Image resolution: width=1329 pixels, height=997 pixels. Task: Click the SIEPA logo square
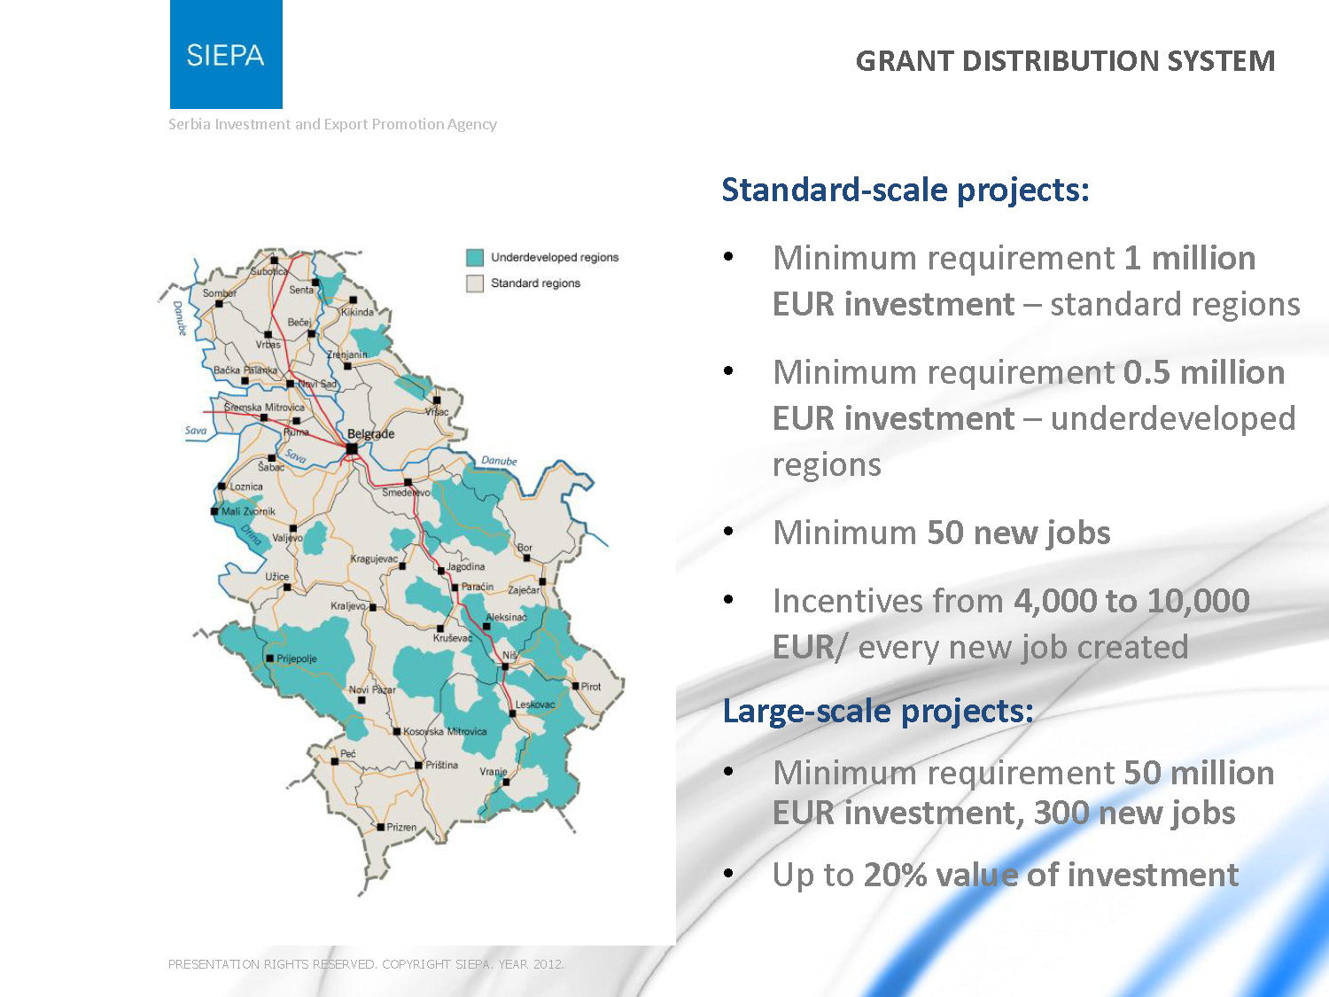(x=226, y=54)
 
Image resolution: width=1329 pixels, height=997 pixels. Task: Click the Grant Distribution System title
(x=1065, y=61)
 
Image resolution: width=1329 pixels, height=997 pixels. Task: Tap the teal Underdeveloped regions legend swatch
(x=475, y=257)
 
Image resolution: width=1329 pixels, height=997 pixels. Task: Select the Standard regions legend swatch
(x=475, y=284)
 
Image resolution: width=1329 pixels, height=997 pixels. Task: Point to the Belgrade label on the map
(x=370, y=433)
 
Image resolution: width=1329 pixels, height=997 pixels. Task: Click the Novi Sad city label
(x=316, y=384)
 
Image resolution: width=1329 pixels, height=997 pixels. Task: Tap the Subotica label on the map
(x=268, y=271)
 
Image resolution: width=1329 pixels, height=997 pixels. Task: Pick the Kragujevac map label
(x=374, y=558)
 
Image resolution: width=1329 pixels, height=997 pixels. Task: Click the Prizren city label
(x=401, y=827)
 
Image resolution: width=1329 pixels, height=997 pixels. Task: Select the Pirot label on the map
(x=591, y=687)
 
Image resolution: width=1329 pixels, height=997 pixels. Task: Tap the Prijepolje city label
(x=297, y=658)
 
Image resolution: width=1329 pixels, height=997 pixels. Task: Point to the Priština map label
(x=441, y=765)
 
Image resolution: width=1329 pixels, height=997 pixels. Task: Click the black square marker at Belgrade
(x=352, y=448)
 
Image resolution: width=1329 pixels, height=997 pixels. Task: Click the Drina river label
(x=252, y=535)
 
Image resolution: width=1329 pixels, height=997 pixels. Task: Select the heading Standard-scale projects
(x=905, y=191)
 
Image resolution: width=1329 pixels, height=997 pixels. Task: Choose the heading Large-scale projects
(x=878, y=712)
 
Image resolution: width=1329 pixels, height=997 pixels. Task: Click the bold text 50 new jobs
(x=1019, y=533)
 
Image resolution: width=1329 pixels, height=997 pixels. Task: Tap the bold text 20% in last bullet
(x=895, y=875)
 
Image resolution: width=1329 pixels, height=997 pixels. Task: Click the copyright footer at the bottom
(x=366, y=964)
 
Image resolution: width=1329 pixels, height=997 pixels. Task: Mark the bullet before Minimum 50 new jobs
(x=728, y=532)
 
